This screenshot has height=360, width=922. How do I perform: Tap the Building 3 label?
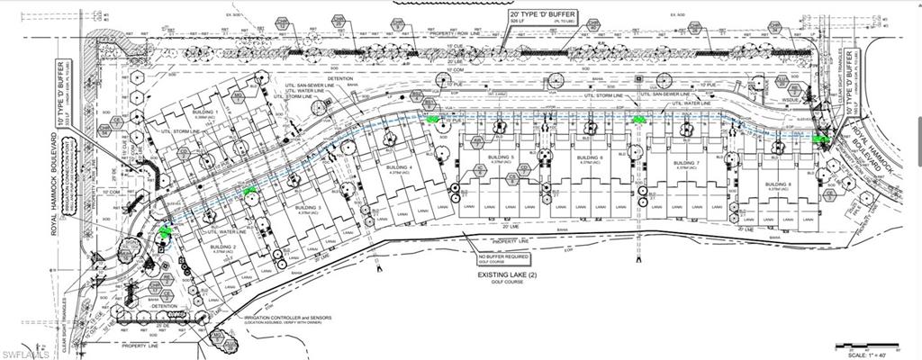(x=307, y=208)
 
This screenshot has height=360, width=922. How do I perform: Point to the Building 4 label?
(x=398, y=168)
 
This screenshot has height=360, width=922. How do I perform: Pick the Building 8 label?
(x=779, y=184)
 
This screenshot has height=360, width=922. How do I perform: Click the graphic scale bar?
(x=864, y=345)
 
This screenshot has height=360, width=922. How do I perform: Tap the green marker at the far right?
(x=819, y=139)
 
